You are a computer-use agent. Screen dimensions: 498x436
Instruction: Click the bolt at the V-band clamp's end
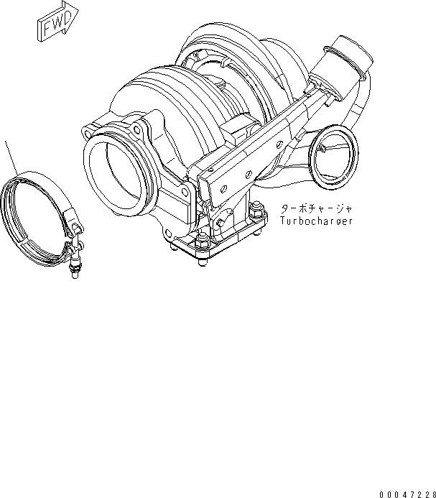tap(73, 269)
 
